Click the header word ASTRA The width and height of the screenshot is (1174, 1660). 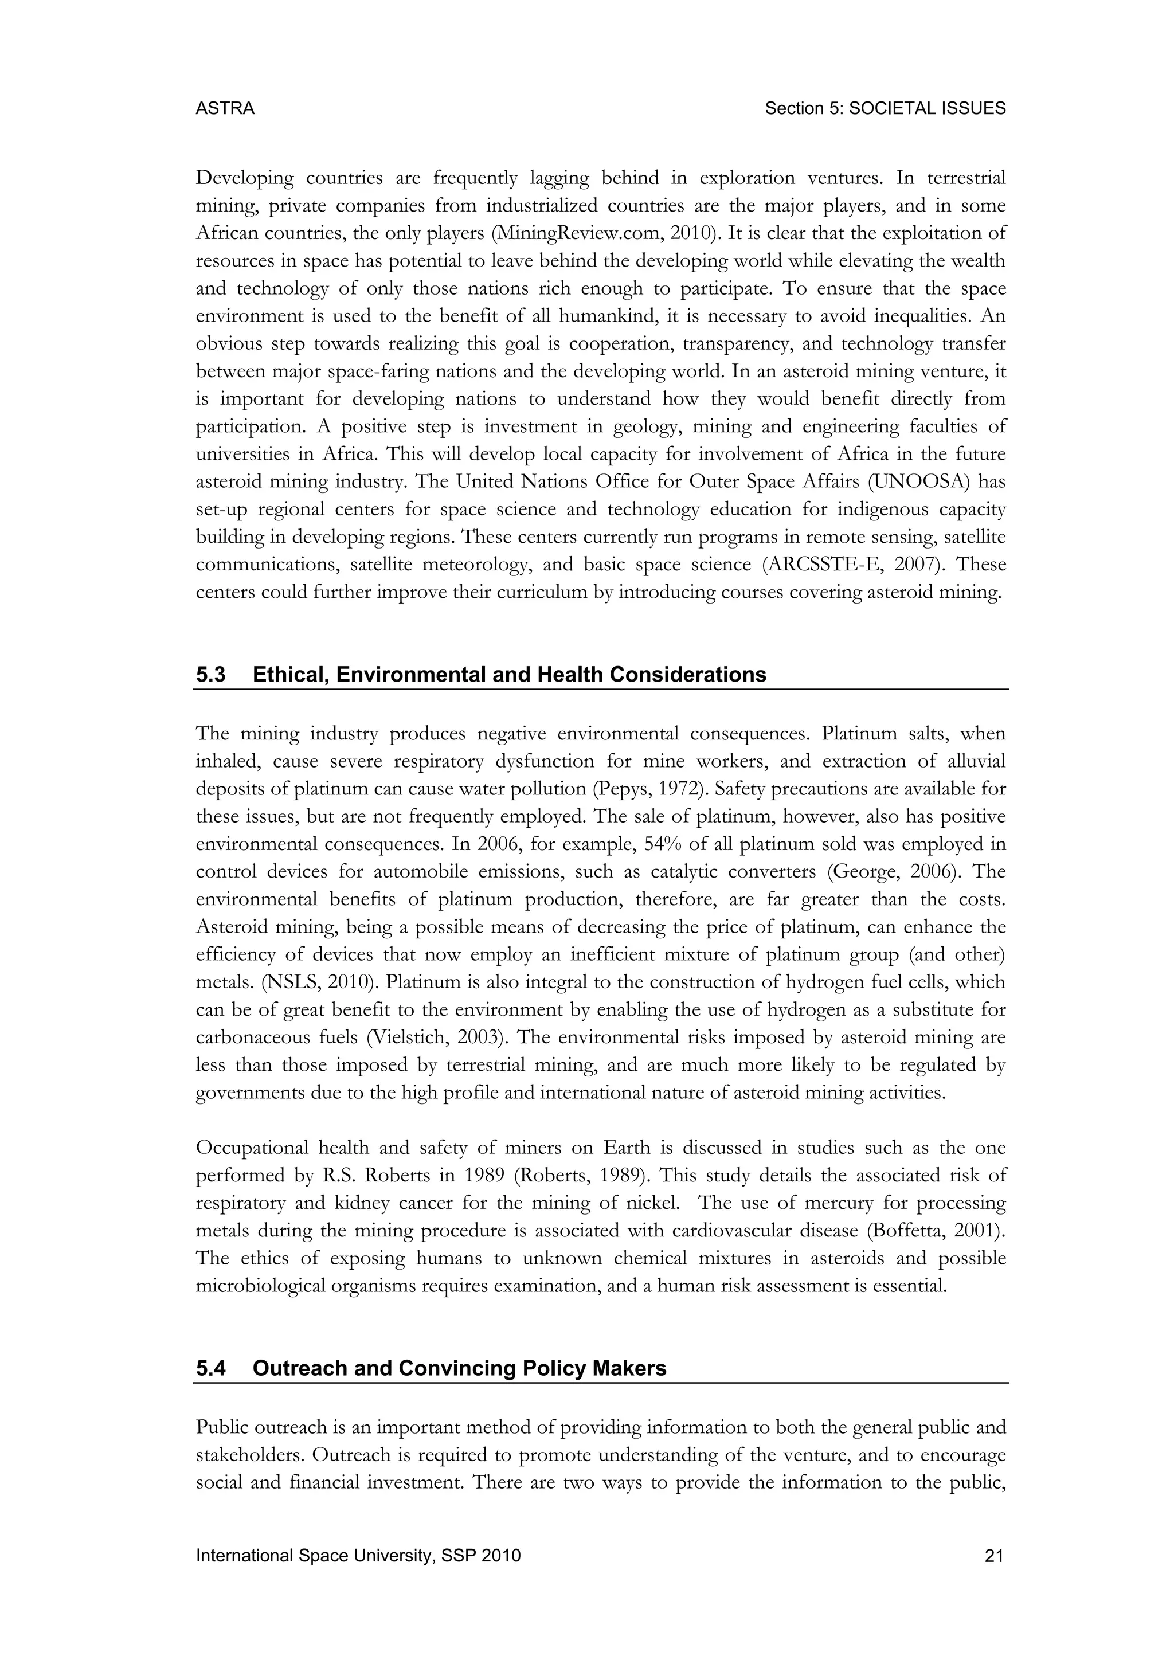point(225,108)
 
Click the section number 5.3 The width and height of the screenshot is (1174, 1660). point(210,675)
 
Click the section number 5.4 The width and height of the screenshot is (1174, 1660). point(210,1369)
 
